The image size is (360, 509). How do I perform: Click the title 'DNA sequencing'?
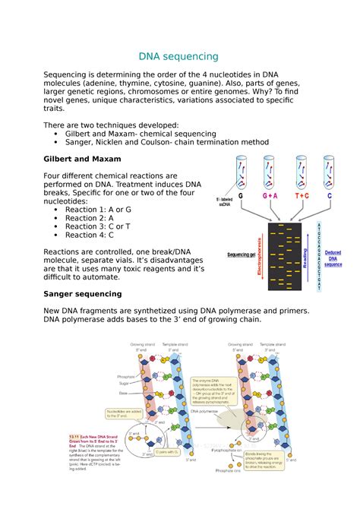(178, 57)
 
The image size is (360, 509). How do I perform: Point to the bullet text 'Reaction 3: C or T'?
(104, 226)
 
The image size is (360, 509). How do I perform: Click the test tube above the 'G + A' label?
(270, 170)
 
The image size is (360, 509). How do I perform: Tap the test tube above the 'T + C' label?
(301, 170)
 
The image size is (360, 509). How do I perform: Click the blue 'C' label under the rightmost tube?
(330, 195)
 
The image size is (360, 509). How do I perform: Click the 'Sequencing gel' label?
(238, 256)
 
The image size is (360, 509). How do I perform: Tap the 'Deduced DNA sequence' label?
(333, 259)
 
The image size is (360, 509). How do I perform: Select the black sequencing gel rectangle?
(284, 256)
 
